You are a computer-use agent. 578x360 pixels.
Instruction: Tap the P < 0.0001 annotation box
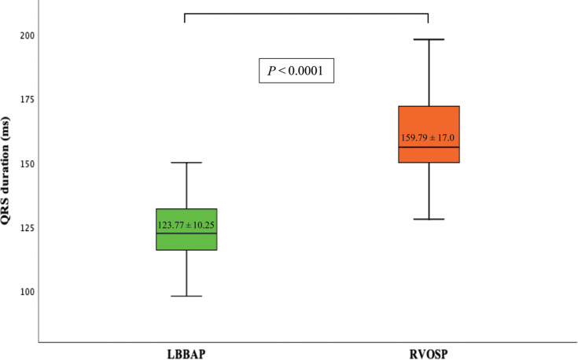[x=297, y=72]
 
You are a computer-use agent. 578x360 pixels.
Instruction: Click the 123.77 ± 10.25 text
[x=187, y=225]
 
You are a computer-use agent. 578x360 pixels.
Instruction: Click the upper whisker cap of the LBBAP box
[x=187, y=163]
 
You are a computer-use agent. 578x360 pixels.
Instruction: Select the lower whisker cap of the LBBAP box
[x=187, y=296]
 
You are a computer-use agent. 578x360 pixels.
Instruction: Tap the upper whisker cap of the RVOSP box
[x=429, y=39]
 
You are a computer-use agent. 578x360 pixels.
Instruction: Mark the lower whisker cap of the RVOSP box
[x=429, y=219]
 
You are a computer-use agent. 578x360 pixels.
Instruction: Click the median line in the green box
[x=187, y=233]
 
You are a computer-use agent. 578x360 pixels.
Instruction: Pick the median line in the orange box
[x=429, y=147]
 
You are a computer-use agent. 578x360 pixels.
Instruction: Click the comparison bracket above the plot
[x=307, y=13]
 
